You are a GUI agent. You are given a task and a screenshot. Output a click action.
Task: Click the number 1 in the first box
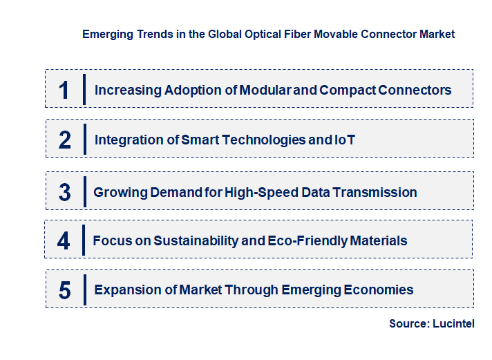coord(64,90)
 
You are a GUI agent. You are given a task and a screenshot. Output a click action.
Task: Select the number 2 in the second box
coord(65,140)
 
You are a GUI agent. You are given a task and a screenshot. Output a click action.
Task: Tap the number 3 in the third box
coord(65,192)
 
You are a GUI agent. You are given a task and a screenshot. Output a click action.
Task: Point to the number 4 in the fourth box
coord(64,240)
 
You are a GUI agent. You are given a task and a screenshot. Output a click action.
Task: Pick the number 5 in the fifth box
coord(65,290)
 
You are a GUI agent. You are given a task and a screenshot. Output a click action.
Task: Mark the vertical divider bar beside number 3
coord(84,191)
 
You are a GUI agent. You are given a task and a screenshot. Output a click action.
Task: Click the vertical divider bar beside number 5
coord(84,289)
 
